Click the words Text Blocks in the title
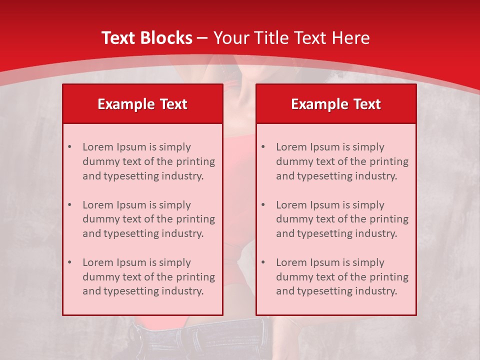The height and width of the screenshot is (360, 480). click(146, 38)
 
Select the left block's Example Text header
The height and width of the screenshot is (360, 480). click(142, 104)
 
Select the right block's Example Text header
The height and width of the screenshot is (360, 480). click(336, 104)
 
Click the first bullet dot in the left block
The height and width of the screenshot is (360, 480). click(69, 147)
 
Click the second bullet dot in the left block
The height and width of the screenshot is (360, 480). click(69, 205)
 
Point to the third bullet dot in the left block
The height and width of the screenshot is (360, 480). click(69, 262)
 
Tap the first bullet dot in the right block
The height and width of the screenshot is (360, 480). click(263, 147)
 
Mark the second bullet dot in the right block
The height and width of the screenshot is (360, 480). click(263, 205)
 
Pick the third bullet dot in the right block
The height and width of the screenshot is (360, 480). click(263, 262)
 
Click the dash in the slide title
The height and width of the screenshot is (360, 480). click(202, 38)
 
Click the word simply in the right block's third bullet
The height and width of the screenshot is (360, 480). click(368, 262)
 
